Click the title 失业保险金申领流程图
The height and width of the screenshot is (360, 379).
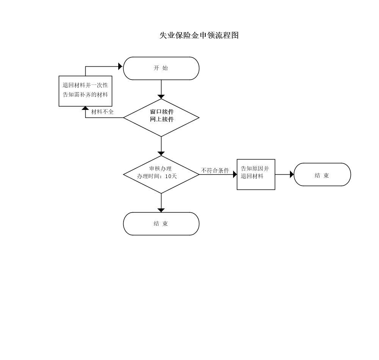199,35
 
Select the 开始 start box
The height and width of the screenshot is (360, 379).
161,68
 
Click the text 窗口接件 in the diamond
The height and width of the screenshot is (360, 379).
162,112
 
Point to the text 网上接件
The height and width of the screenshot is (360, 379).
162,119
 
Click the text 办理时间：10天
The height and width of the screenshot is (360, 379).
157,177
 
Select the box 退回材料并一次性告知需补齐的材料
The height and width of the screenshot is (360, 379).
85,91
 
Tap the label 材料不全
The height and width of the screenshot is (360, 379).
102,112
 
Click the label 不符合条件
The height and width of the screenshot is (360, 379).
215,171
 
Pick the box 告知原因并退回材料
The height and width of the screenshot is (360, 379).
256,174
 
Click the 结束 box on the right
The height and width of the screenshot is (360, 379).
322,174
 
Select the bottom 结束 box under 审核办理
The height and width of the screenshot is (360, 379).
161,224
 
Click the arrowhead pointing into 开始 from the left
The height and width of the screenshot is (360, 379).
121,66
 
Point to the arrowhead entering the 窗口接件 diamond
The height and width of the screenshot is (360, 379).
161,97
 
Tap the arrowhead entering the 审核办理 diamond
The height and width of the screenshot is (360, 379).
161,153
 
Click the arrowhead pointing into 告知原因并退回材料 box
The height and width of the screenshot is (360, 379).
235,174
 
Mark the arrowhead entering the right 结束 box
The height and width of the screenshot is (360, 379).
292,174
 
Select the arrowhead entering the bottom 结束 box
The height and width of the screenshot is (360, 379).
161,210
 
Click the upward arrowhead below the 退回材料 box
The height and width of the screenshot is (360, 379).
85,108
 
